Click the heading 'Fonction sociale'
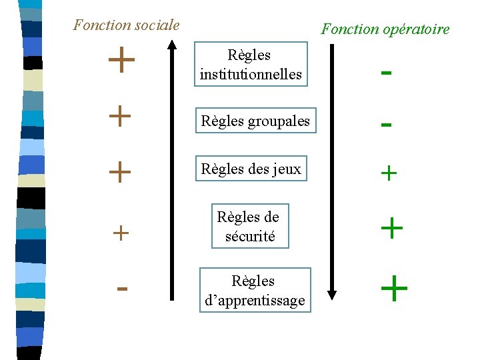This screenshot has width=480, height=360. [126, 25]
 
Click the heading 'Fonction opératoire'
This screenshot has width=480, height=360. [385, 29]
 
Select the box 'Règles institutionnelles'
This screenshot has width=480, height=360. [251, 65]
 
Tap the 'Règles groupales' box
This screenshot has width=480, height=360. [255, 121]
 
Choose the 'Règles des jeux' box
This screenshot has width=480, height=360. [251, 169]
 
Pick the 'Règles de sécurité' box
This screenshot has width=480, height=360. [250, 226]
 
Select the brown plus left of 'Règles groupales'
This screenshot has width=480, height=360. [119, 117]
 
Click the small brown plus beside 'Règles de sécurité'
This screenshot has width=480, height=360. [121, 233]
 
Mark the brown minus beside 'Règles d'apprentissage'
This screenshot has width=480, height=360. [121, 289]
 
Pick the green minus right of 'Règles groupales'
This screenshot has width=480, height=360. [385, 125]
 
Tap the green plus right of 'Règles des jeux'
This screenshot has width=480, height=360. [388, 174]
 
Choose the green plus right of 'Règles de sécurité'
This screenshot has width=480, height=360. [391, 229]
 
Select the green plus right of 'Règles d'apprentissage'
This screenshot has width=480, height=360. [393, 289]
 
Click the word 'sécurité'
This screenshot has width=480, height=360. [250, 235]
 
